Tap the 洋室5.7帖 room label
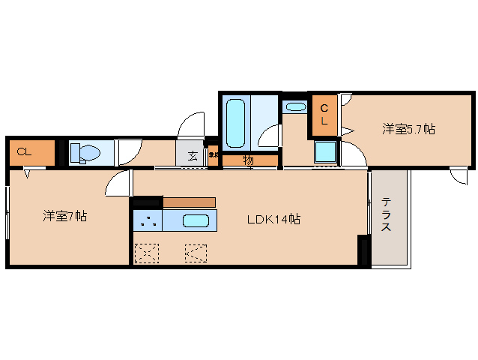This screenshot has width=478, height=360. coord(408,129)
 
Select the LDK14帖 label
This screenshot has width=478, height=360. coord(274,220)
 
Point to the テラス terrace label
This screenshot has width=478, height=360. coord(387,216)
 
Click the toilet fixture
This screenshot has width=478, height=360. coord(85,154)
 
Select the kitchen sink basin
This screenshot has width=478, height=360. coord(196,221)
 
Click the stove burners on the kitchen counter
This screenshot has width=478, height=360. coord(148,221)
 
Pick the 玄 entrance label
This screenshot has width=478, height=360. coord(192,156)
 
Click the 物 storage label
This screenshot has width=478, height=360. coord(249,160)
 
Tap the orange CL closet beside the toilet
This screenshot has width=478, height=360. coord(31,153)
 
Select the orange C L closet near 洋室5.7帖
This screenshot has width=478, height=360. coord(324,115)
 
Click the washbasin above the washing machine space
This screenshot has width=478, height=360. coord(295,106)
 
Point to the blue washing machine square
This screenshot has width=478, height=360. coord(325,152)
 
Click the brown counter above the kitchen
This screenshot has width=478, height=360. coord(189,202)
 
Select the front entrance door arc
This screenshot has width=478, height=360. coord(193,124)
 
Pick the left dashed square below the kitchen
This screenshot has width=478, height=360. coord(146,253)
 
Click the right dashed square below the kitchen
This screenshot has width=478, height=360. coord(196,253)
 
